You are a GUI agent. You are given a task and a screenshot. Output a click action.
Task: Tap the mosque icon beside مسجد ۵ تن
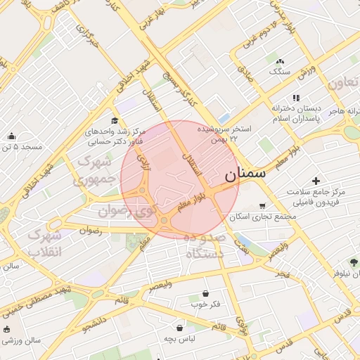click(x=11, y=136)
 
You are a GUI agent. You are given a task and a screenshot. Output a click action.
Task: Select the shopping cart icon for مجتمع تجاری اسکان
click(x=262, y=206)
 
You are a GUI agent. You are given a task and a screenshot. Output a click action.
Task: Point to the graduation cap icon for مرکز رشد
click(x=115, y=121)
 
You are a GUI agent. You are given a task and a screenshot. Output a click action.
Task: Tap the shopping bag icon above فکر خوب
click(x=205, y=294)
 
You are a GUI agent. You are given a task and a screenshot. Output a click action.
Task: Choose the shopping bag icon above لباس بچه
click(x=180, y=328)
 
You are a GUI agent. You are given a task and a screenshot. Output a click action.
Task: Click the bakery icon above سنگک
click(x=281, y=62)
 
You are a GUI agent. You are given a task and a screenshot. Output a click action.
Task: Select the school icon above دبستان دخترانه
click(x=297, y=98)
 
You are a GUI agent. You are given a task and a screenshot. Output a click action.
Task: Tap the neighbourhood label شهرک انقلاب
click(x=46, y=243)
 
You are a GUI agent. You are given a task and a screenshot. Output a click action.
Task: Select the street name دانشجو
click(x=96, y=325)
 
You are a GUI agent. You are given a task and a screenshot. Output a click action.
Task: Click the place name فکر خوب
click(x=205, y=304)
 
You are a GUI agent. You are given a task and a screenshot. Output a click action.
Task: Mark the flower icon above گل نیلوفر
click(x=352, y=262)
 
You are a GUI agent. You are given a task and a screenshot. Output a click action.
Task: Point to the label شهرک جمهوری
click(x=96, y=170)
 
